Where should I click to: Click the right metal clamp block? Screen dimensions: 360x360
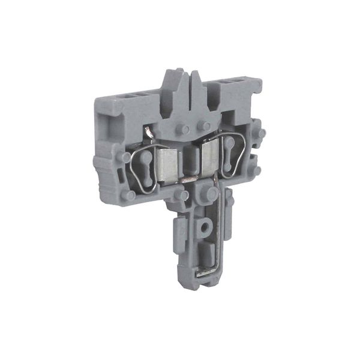click(x=211, y=159)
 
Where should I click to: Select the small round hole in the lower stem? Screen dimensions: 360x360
click(x=205, y=228)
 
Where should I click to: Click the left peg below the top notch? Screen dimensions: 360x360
click(x=185, y=130)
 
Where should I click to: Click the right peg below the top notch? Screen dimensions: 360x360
click(x=206, y=125)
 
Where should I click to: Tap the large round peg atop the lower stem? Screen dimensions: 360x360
click(x=211, y=194)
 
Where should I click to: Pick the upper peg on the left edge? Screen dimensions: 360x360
click(x=125, y=157)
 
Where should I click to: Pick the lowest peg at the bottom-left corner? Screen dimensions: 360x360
click(x=129, y=196)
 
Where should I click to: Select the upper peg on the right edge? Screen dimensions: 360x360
click(x=260, y=133)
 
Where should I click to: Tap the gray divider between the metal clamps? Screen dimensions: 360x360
click(x=190, y=161)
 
